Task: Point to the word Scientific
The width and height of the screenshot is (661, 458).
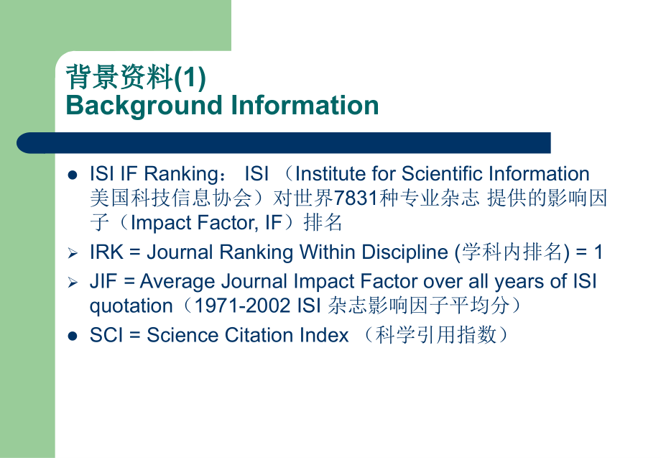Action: pos(443,174)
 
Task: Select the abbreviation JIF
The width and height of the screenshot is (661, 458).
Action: pos(103,281)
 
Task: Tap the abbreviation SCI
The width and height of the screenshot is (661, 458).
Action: pos(105,335)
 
